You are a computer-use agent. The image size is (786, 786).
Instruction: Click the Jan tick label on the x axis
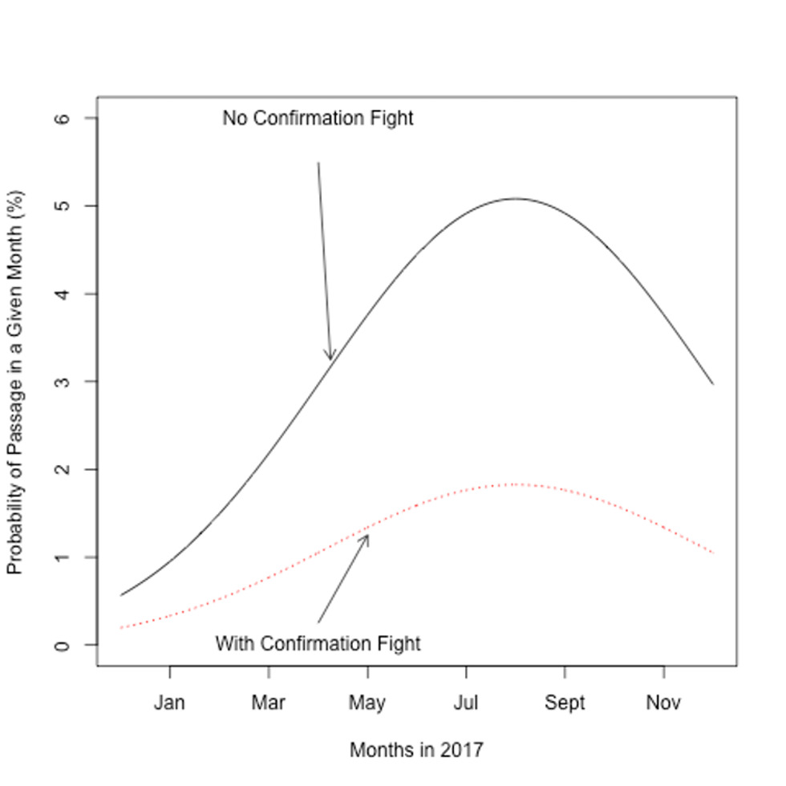tap(169, 703)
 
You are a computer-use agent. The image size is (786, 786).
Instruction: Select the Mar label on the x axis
tap(268, 703)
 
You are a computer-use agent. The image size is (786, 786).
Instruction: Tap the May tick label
tap(367, 703)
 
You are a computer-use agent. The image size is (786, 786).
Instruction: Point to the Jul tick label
tap(466, 703)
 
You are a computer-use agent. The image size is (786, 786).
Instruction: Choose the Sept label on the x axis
tap(565, 703)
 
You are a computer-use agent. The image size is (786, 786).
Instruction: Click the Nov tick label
tap(663, 703)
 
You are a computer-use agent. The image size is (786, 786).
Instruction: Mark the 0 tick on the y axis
tap(65, 645)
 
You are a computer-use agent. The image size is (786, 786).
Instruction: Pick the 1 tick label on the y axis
tap(65, 557)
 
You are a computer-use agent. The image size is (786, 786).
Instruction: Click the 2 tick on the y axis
tap(65, 469)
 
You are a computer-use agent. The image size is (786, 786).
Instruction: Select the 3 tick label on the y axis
tap(65, 382)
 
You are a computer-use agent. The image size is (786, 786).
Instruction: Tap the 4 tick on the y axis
tap(65, 294)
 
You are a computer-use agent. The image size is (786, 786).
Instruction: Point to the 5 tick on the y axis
tap(65, 206)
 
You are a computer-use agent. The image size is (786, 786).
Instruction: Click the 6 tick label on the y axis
tap(65, 118)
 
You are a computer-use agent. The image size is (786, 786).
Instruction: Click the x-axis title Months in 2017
tap(416, 750)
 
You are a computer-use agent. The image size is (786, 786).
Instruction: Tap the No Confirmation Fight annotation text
tap(318, 119)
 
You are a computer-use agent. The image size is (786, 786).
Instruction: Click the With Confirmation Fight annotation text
tap(318, 643)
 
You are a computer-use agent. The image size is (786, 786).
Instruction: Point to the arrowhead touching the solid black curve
tap(329, 357)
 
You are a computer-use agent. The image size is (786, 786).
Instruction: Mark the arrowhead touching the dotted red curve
tap(367, 537)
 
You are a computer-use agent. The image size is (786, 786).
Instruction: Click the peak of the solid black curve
tap(515, 198)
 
